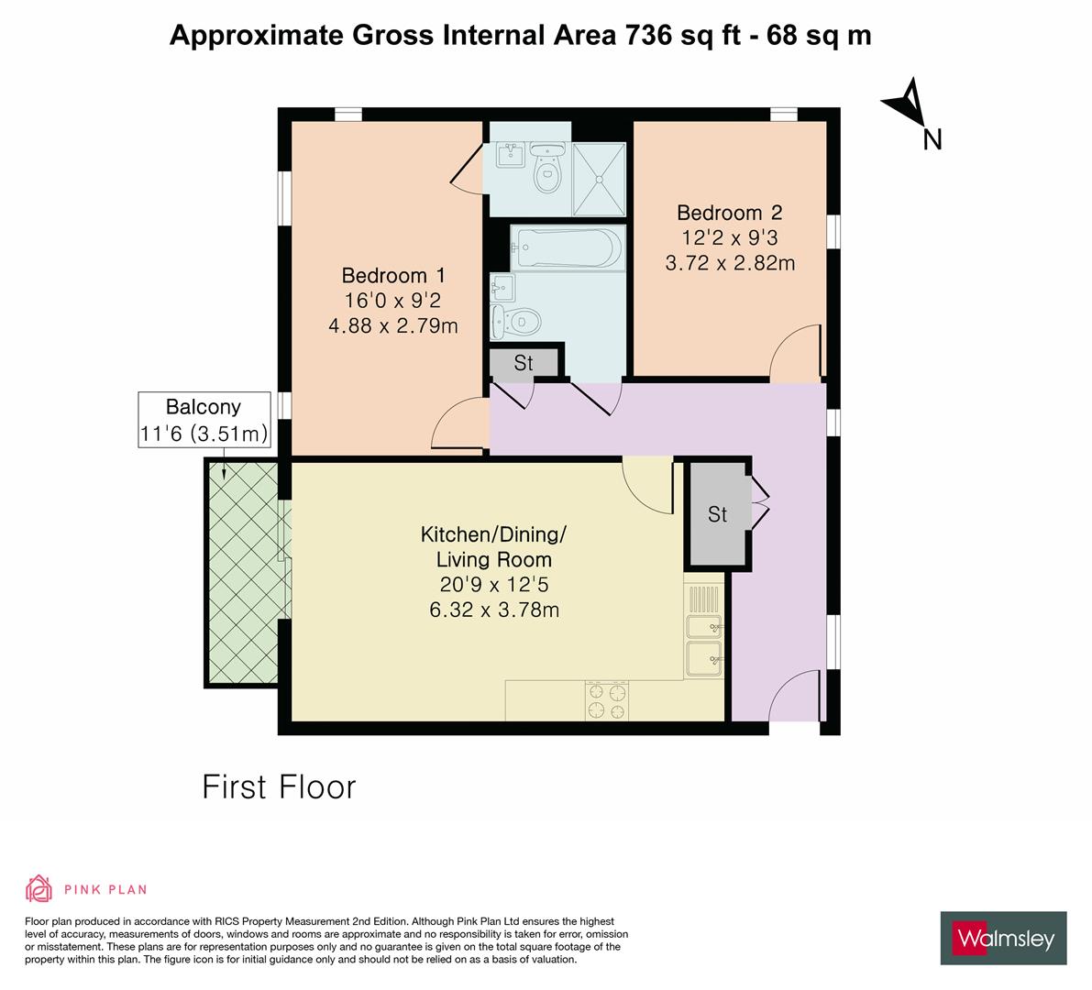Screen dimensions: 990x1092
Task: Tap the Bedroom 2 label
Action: (x=729, y=213)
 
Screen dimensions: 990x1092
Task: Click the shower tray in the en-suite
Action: (x=599, y=178)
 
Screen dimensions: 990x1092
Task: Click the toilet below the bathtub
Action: (x=519, y=322)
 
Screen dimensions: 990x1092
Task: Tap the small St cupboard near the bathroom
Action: (x=524, y=363)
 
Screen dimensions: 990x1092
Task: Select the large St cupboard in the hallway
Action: (x=718, y=514)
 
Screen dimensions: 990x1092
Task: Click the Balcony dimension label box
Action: (x=204, y=420)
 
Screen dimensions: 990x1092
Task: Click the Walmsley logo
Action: (x=1003, y=938)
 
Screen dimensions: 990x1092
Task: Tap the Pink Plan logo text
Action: (x=105, y=889)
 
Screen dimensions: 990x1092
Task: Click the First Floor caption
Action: (x=279, y=786)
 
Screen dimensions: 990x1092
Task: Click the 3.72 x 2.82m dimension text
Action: (x=729, y=264)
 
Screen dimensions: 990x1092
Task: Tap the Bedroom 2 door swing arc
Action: (x=793, y=351)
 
